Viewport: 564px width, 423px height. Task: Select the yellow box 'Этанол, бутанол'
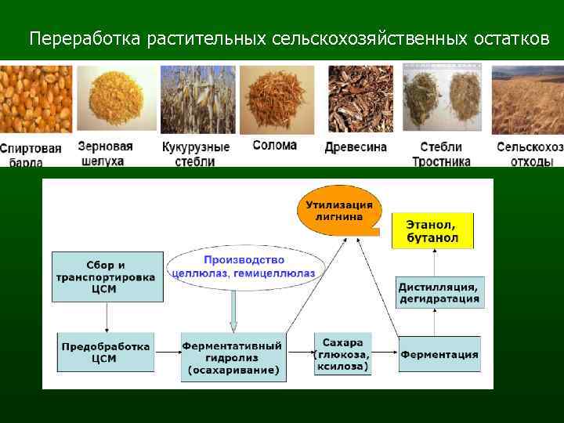pyautogui.click(x=432, y=230)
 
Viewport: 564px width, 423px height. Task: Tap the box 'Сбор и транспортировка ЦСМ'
pyautogui.click(x=107, y=276)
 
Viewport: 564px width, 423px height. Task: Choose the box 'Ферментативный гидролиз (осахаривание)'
pyautogui.click(x=232, y=356)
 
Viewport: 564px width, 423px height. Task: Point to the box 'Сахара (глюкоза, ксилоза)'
pyautogui.click(x=342, y=354)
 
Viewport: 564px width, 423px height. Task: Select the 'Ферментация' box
pyautogui.click(x=439, y=354)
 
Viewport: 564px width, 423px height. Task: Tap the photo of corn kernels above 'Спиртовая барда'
pyautogui.click(x=35, y=99)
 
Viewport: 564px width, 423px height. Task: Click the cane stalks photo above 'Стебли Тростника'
pyautogui.click(x=442, y=99)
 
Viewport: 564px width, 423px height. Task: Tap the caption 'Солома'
pyautogui.click(x=275, y=146)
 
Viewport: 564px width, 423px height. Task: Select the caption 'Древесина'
pyautogui.click(x=356, y=147)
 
